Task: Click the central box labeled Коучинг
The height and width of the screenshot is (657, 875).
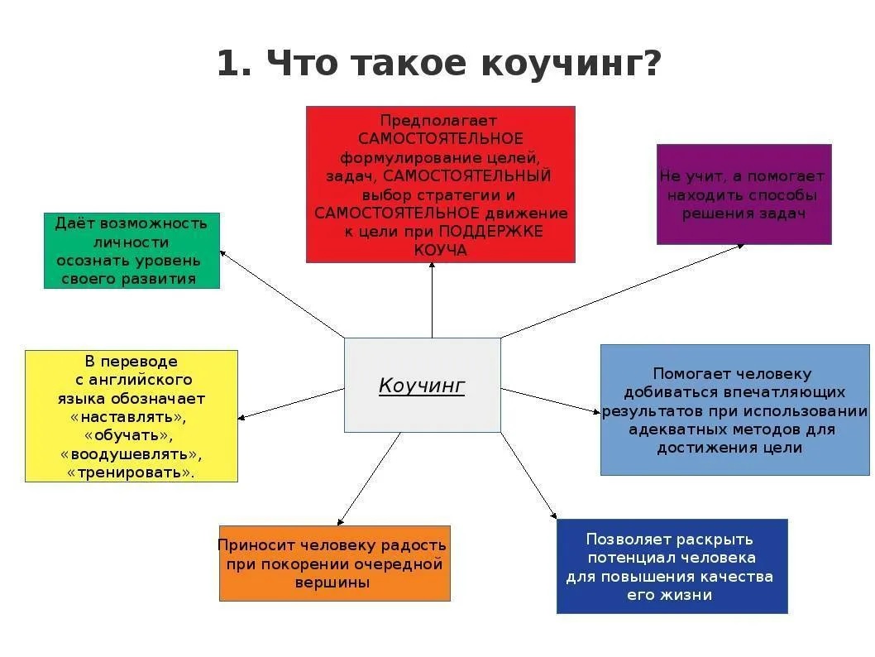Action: (423, 385)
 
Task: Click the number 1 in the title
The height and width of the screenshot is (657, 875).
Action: (228, 63)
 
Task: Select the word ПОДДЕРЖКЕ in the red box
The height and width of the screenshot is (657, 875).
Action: (491, 231)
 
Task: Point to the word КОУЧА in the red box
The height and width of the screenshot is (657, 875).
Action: (440, 250)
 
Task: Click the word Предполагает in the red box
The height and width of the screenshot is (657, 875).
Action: (438, 121)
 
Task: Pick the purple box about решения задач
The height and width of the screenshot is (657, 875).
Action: (744, 194)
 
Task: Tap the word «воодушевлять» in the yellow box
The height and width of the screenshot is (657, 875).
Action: (131, 454)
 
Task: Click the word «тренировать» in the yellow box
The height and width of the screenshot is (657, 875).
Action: (131, 472)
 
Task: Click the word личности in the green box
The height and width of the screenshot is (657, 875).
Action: (131, 242)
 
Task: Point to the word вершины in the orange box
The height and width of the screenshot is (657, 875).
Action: (332, 583)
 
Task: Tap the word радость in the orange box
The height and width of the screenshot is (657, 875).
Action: (411, 545)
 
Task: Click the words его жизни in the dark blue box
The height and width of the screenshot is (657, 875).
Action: (670, 595)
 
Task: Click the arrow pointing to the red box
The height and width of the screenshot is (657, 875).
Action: (432, 300)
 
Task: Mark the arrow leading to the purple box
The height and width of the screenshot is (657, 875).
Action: (622, 290)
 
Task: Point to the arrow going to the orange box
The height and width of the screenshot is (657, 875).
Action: (369, 479)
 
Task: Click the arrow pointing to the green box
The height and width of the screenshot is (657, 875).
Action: (282, 294)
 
